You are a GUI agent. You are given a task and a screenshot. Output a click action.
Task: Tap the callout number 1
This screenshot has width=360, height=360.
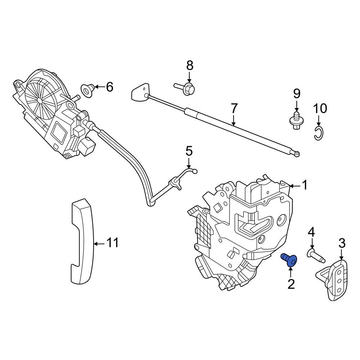click(305, 185)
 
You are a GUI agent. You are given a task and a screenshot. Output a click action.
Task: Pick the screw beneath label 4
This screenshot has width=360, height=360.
click(316, 255)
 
